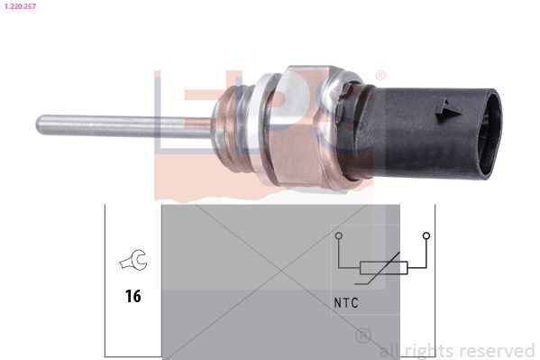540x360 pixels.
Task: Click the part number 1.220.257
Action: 20,5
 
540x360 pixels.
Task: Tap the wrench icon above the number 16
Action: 134,259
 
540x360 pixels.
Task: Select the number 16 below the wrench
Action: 133,296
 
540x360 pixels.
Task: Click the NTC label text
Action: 346,303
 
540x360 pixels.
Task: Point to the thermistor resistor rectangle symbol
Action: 384,268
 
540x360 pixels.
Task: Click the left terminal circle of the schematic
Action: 339,235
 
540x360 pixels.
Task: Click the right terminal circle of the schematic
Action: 426,235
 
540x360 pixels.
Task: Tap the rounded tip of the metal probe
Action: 40,125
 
